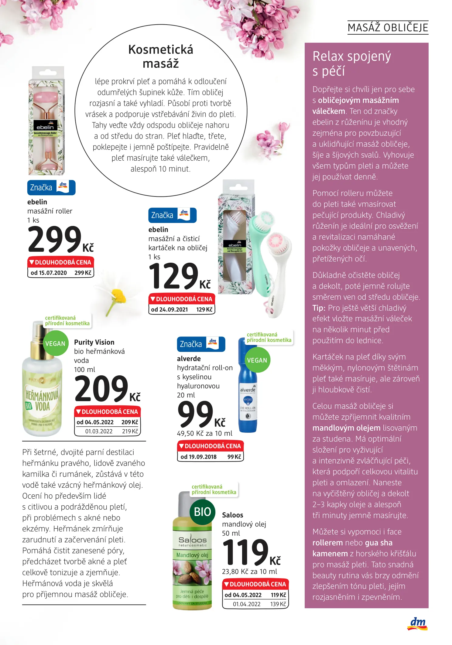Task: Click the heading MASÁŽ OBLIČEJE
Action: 388,28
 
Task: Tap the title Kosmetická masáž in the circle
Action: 161,56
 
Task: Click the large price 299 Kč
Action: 60,240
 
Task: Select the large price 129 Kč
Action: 179,277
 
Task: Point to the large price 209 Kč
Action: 107,389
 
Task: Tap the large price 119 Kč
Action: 251,553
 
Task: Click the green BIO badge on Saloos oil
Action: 202,512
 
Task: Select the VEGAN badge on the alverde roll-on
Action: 257,360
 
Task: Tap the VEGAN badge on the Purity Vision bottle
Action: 55,344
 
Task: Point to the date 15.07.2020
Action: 53,273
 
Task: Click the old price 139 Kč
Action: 278,604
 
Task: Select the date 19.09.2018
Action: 203,457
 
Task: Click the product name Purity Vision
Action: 94,342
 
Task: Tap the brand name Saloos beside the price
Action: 232,515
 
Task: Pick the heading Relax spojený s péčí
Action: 351,63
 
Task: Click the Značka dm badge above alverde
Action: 201,344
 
